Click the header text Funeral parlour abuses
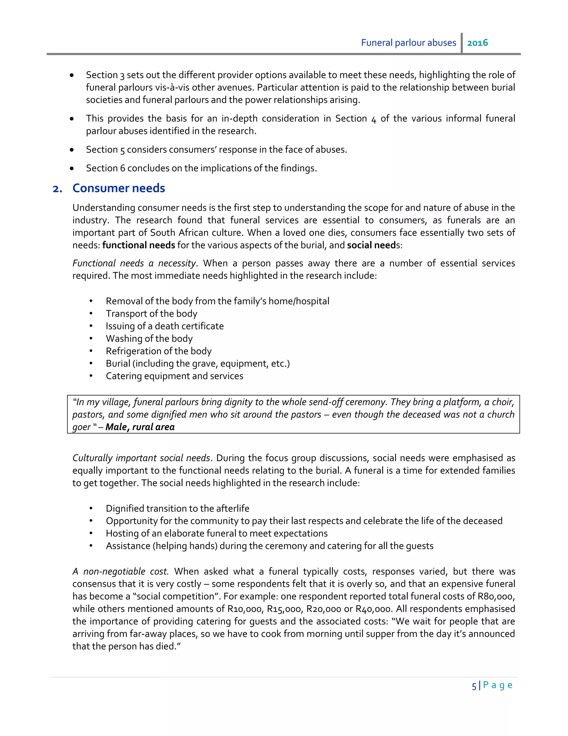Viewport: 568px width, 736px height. (x=408, y=43)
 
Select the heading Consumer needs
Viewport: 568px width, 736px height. (x=118, y=188)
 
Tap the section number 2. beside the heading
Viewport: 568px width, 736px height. (x=57, y=189)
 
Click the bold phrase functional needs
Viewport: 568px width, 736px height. (x=138, y=245)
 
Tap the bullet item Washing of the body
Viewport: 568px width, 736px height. (x=149, y=338)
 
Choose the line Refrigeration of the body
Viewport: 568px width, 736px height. (x=158, y=351)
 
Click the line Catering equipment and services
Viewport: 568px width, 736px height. (x=174, y=376)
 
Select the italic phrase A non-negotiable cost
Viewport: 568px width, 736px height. (x=120, y=571)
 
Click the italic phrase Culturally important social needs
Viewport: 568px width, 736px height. (x=141, y=458)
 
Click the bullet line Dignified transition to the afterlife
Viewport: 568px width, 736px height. (x=177, y=508)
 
